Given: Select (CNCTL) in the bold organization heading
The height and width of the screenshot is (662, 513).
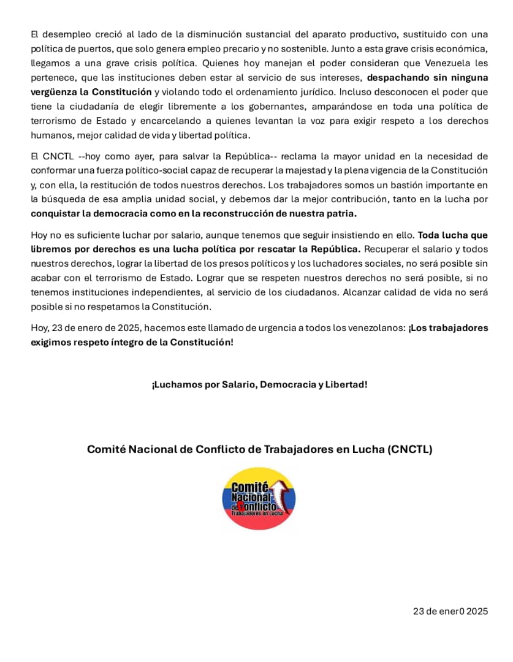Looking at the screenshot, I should click(x=410, y=449).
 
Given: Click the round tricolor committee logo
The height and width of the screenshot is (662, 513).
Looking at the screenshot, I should click(x=259, y=498).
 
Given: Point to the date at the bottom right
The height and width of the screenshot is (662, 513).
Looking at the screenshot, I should click(x=450, y=611).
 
